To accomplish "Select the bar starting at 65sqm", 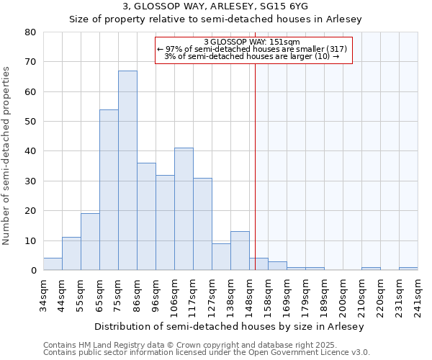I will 109,190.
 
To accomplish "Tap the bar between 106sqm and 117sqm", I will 184,209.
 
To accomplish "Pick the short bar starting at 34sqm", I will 53,264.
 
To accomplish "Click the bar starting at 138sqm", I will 240,251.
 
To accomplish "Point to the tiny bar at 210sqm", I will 371,269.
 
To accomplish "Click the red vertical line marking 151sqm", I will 255,166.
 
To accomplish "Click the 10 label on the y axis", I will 30,241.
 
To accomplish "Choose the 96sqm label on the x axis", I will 156,294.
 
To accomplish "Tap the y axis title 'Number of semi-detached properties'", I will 6,155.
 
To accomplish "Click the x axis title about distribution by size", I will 229,326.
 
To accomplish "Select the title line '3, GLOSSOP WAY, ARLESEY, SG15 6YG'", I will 215,6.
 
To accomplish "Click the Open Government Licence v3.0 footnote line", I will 207,353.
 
